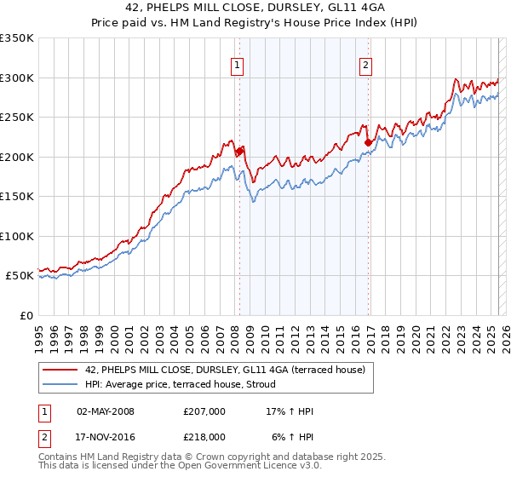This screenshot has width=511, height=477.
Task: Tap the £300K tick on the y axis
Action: click(x=17, y=78)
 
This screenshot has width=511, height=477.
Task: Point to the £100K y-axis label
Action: click(x=17, y=236)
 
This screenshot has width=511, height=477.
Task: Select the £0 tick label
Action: click(x=27, y=315)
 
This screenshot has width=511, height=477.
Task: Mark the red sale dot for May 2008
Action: click(x=239, y=152)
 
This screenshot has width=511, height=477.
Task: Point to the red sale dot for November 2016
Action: click(x=368, y=142)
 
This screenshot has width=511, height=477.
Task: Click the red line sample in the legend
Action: click(x=60, y=370)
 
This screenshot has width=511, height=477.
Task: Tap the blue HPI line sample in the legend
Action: click(x=60, y=384)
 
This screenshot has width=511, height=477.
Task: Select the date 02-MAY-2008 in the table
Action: click(x=106, y=412)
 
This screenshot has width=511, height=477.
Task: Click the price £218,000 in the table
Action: click(x=204, y=437)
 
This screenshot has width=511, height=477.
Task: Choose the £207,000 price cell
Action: click(x=204, y=412)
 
